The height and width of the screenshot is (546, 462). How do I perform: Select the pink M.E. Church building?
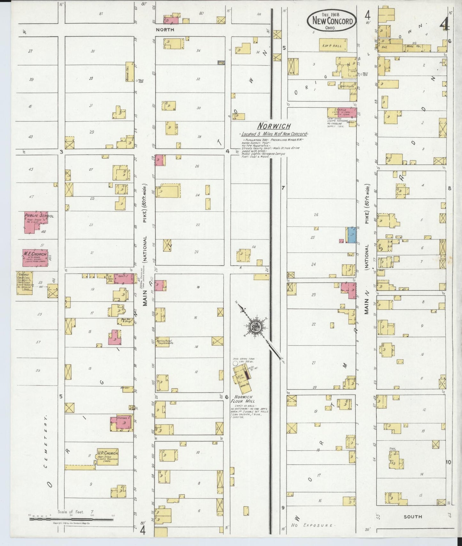coord(35,257)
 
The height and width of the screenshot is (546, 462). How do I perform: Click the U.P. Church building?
coord(107,456)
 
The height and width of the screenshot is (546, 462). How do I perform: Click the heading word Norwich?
coord(274,126)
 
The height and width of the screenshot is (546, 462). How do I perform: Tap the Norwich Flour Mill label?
coord(243,399)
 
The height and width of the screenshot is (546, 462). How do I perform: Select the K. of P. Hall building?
coord(333,45)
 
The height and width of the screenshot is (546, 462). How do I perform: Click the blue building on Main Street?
coord(352,235)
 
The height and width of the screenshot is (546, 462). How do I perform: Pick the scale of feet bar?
coord(71,519)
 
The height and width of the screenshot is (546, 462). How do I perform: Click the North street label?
coord(165,30)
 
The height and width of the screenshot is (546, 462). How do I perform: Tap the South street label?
coord(412,517)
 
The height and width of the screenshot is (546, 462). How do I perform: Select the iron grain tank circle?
coord(235,363)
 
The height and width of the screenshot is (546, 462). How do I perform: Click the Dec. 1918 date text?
coord(331,14)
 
